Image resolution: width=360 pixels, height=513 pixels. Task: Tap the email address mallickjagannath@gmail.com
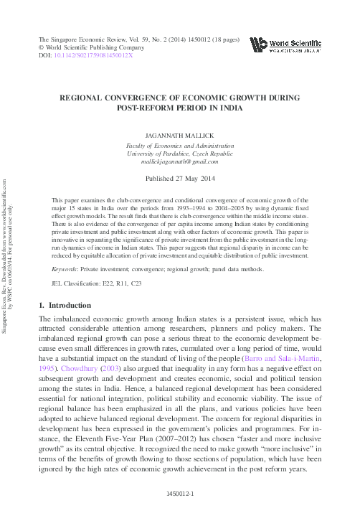pyautogui.click(x=180, y=162)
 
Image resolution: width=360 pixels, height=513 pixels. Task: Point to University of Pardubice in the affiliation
pyautogui.click(x=158, y=153)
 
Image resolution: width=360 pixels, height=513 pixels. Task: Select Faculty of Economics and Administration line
pyautogui.click(x=180, y=143)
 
